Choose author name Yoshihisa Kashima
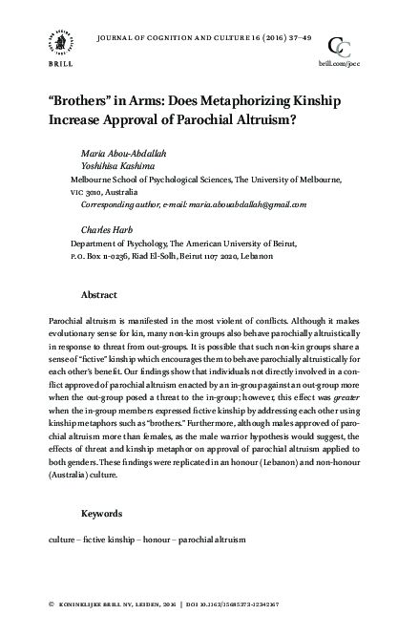point(119,166)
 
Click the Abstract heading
point(99,295)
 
